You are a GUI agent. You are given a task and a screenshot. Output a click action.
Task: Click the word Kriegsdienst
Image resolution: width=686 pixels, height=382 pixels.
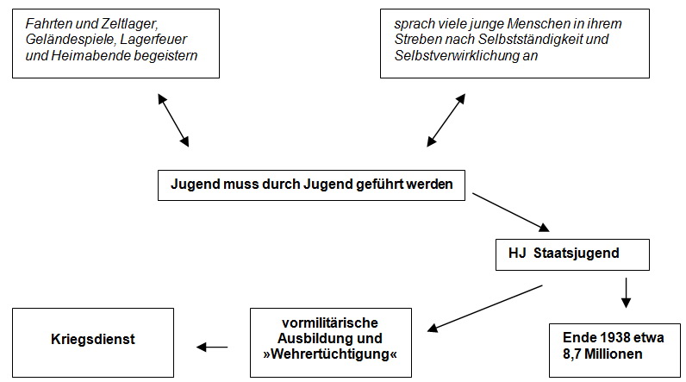[x=93, y=339]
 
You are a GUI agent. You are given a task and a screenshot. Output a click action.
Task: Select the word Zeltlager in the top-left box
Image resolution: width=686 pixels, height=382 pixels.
[x=128, y=23]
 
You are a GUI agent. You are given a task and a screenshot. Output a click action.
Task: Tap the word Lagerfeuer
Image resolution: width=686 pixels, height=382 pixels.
[x=153, y=40]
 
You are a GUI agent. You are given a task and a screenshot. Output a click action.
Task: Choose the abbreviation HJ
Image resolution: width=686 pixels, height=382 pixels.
[x=517, y=253]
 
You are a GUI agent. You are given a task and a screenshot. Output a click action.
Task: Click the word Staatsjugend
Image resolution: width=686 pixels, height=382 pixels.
[x=576, y=254]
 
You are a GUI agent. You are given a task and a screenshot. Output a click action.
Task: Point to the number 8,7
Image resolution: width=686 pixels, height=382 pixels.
[x=571, y=354]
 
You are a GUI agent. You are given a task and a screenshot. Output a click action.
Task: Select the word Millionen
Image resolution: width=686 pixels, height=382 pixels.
[x=614, y=354]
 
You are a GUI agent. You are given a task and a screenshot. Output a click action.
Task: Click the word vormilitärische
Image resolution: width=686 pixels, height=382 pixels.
[x=330, y=323]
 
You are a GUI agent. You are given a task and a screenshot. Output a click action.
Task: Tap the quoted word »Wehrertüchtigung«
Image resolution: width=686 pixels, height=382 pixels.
[x=330, y=354]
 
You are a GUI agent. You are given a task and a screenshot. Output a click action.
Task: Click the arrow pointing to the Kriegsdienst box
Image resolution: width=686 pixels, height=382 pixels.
[x=212, y=347]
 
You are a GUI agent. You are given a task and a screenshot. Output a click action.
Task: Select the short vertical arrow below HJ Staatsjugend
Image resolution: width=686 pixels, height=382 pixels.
[x=626, y=292]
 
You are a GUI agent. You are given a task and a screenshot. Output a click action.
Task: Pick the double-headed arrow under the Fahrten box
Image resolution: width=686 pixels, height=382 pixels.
[x=173, y=120]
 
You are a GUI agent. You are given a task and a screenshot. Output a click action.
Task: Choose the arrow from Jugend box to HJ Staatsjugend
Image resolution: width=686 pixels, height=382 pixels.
[x=511, y=212]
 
